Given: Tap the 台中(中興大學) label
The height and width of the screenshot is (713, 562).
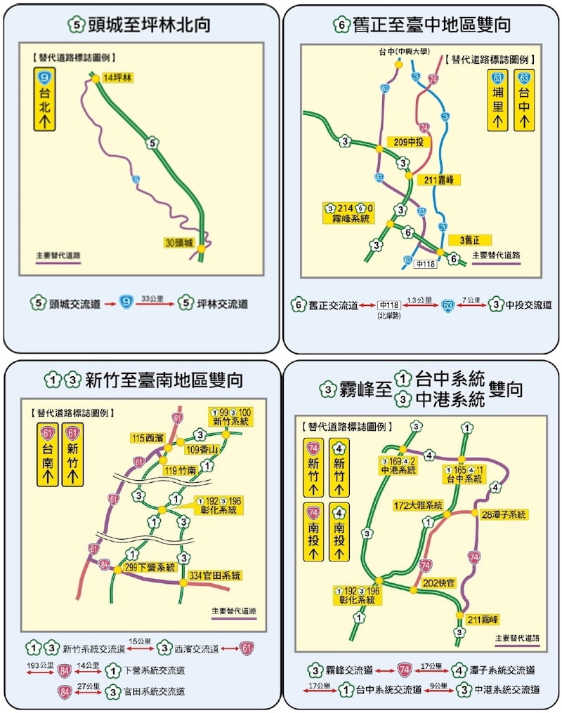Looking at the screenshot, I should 398,52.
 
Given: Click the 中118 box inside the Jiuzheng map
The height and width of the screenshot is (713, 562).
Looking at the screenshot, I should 426,264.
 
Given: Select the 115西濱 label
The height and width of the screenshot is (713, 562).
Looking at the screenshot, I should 148,438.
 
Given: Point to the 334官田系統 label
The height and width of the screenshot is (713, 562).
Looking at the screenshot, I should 216,575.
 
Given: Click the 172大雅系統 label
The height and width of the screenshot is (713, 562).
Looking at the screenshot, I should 417,505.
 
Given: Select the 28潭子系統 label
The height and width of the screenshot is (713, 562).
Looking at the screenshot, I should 504,514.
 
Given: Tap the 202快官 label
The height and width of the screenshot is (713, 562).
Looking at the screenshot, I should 440,582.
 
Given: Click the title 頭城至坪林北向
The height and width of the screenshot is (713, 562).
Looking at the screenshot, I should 140,25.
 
